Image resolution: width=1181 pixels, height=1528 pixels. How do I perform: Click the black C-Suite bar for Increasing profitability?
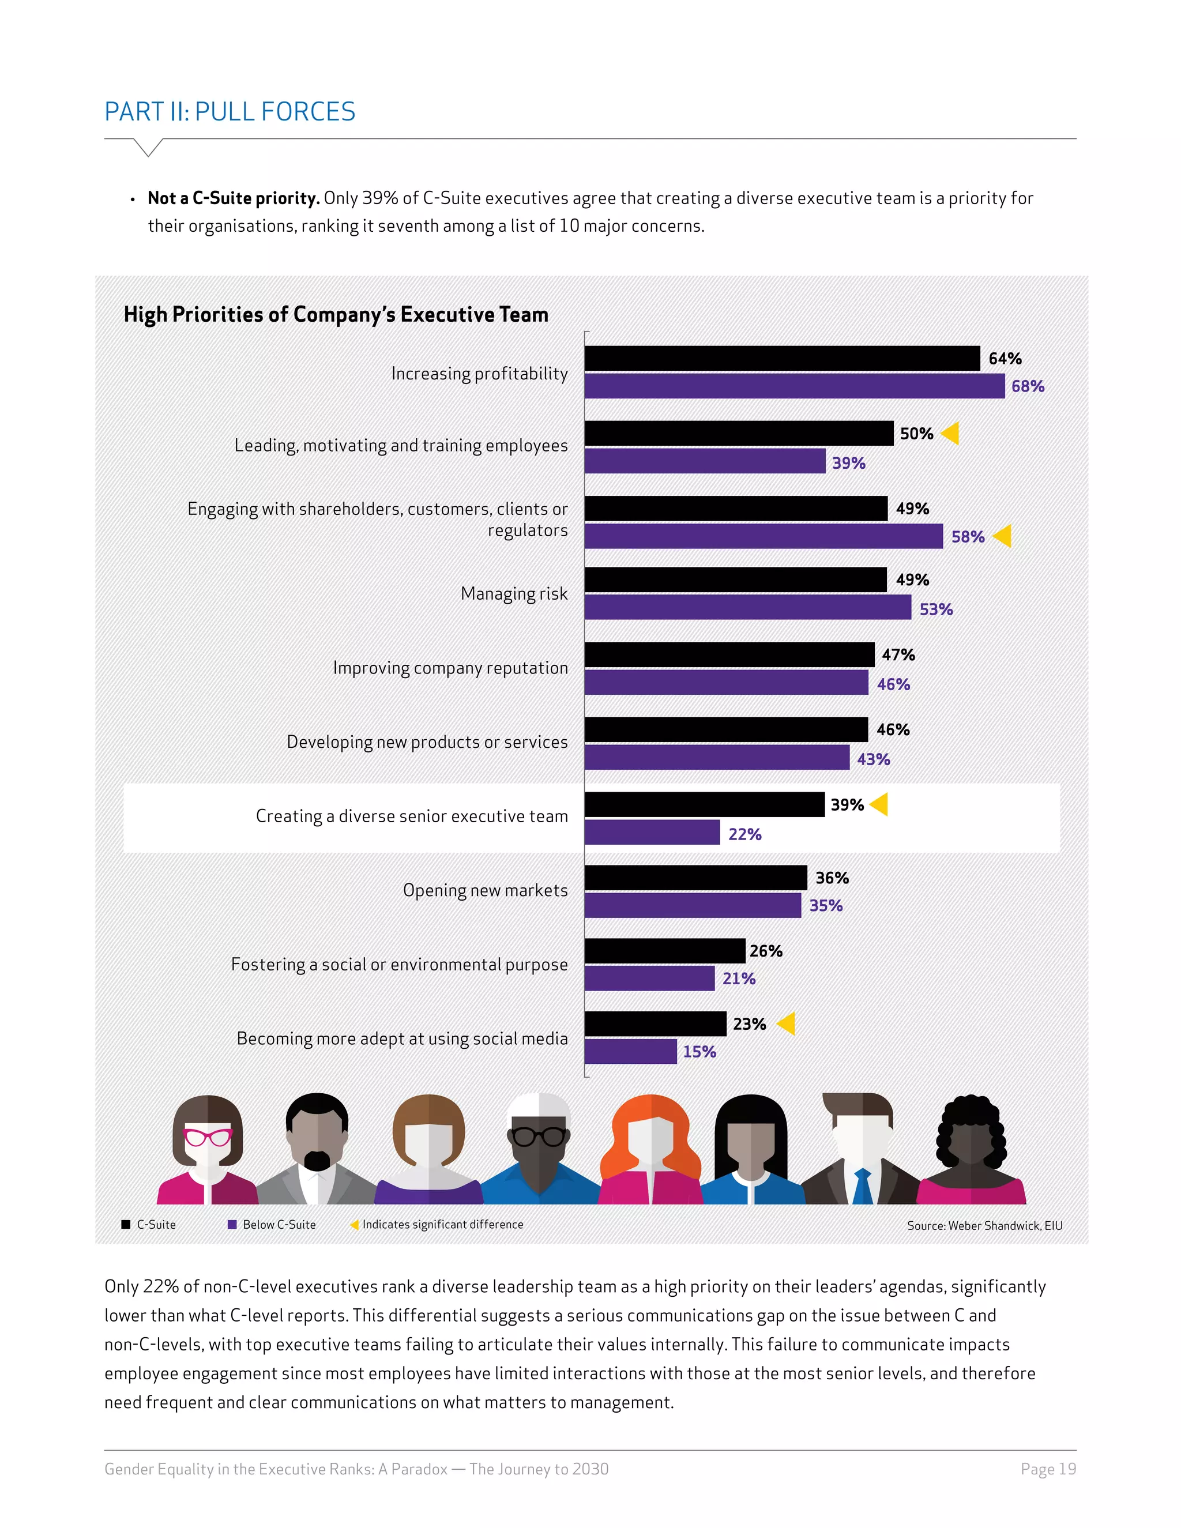(781, 358)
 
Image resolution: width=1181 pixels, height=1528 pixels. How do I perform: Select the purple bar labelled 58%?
(763, 537)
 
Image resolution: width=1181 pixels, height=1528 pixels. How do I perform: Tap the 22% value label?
(744, 834)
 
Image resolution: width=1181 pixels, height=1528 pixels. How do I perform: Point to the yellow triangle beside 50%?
(950, 434)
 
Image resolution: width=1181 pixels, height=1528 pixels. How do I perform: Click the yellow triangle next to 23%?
(787, 1023)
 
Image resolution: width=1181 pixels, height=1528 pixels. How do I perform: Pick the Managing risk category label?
(514, 594)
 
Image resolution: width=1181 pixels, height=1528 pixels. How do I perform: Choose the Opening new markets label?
(485, 891)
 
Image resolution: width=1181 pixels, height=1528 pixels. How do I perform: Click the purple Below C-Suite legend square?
(232, 1224)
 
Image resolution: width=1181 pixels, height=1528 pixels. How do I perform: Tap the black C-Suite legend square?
(126, 1224)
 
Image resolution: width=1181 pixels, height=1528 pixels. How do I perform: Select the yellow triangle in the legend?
(354, 1224)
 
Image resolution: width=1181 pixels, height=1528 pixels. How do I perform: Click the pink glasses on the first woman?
(207, 1137)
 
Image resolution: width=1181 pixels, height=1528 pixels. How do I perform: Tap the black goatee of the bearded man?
(317, 1161)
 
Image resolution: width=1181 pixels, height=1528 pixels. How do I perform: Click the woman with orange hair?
(650, 1147)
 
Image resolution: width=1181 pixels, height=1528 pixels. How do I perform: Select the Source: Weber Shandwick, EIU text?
(984, 1226)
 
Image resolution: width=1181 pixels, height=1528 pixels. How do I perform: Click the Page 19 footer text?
(1047, 1469)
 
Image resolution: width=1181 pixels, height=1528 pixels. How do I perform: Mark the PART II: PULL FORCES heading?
(230, 112)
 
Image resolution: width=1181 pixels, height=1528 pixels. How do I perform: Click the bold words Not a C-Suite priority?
(234, 199)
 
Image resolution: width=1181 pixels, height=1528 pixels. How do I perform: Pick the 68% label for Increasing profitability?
(1027, 386)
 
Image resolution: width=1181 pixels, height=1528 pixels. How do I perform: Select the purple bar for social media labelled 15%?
(630, 1052)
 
